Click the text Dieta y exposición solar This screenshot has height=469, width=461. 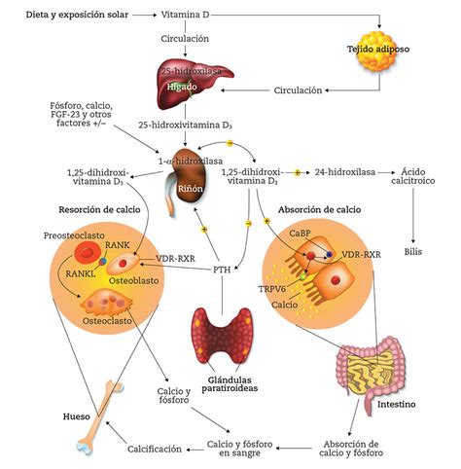click(64, 16)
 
